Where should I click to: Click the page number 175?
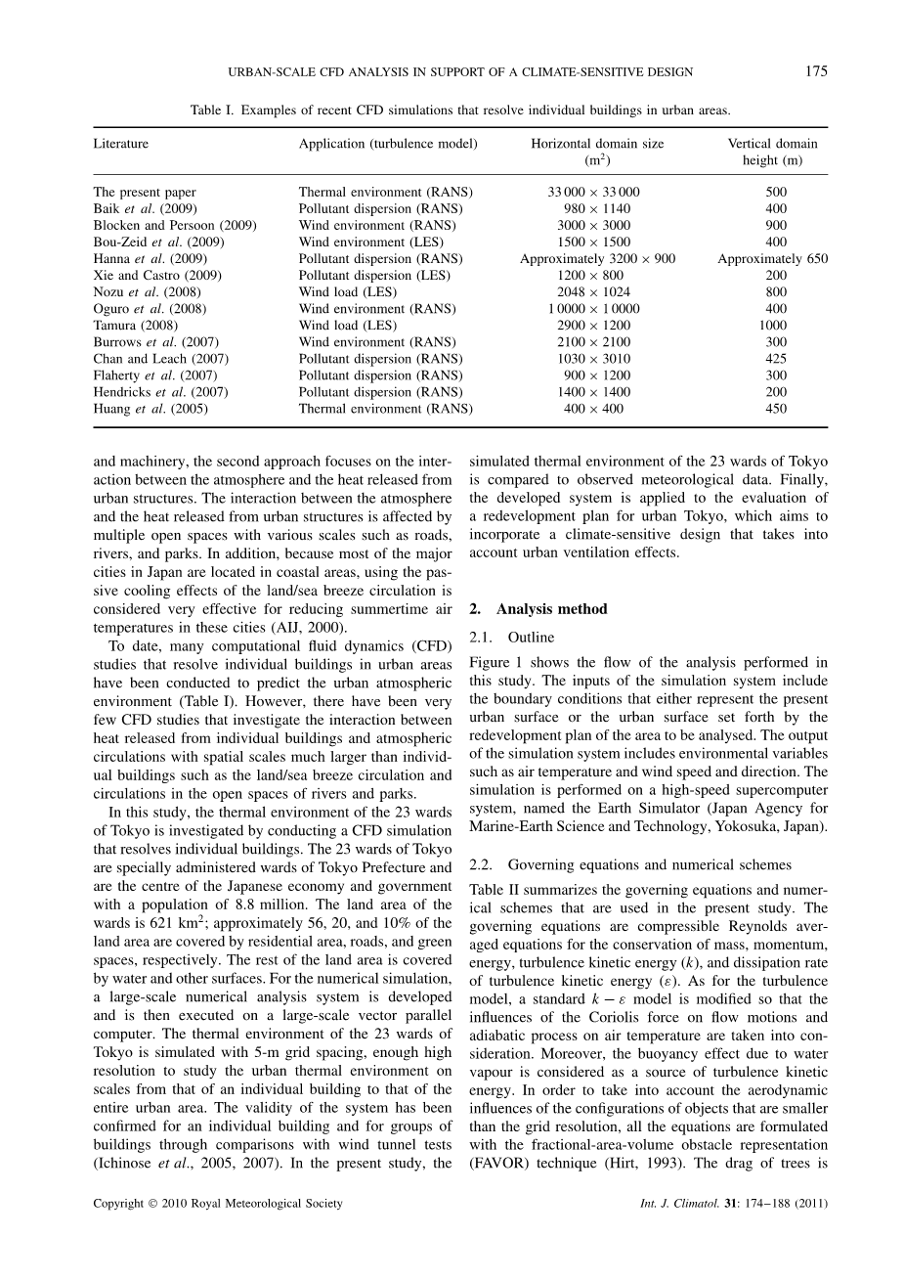pyautogui.click(x=816, y=70)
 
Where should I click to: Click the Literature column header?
pyautogui.click(x=121, y=144)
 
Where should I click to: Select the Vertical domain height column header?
pyautogui.click(x=772, y=152)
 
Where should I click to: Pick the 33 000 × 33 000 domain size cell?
pyautogui.click(x=596, y=193)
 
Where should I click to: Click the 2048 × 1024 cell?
pyautogui.click(x=596, y=291)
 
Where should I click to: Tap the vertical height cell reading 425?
pyautogui.click(x=775, y=359)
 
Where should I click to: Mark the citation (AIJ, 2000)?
pyautogui.click(x=304, y=627)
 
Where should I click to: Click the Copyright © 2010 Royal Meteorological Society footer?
pyautogui.click(x=218, y=1204)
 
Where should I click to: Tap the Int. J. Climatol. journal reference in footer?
pyautogui.click(x=726, y=1204)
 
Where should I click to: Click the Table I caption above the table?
pyautogui.click(x=459, y=110)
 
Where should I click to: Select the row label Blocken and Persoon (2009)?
pyautogui.click(x=175, y=225)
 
